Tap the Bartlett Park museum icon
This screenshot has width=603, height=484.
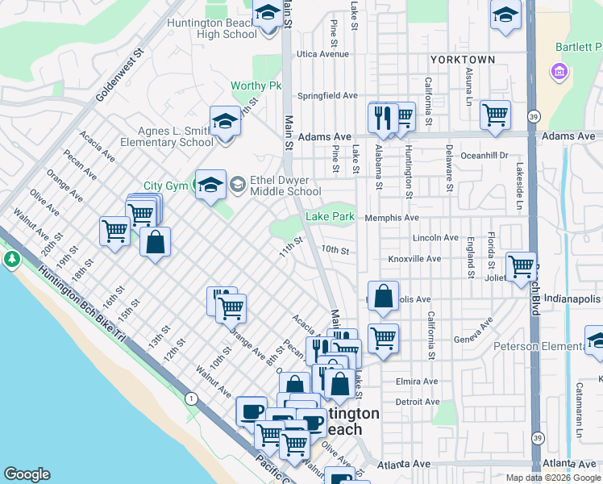(x=556, y=73)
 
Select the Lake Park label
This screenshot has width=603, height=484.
(x=330, y=217)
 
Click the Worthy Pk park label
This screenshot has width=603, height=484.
(x=256, y=86)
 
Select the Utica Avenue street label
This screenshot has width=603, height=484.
(x=322, y=54)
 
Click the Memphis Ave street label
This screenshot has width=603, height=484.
(x=392, y=218)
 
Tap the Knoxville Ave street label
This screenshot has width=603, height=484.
(x=414, y=259)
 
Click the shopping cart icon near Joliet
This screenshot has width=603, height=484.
(x=522, y=265)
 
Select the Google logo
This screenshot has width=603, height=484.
(x=27, y=475)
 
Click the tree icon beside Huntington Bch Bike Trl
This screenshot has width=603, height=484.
(x=12, y=260)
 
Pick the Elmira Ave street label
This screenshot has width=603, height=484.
(x=417, y=382)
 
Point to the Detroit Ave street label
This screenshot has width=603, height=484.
(x=417, y=401)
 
